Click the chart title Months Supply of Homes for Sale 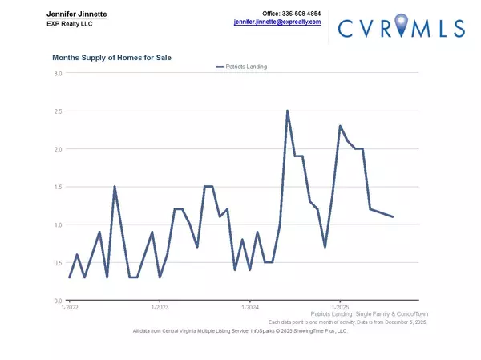[111, 58]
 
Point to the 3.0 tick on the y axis [57, 74]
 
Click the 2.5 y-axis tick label [57, 111]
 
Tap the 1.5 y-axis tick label [57, 187]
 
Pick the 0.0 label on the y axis [57, 301]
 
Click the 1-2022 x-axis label [70, 307]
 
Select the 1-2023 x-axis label [160, 307]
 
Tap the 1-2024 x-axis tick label [250, 307]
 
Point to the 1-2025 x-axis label [340, 307]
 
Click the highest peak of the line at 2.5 [287, 111]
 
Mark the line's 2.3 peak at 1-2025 [340, 126]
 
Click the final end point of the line [393, 216]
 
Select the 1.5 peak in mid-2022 [115, 187]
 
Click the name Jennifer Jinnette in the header [77, 14]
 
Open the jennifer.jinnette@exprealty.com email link [277, 22]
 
